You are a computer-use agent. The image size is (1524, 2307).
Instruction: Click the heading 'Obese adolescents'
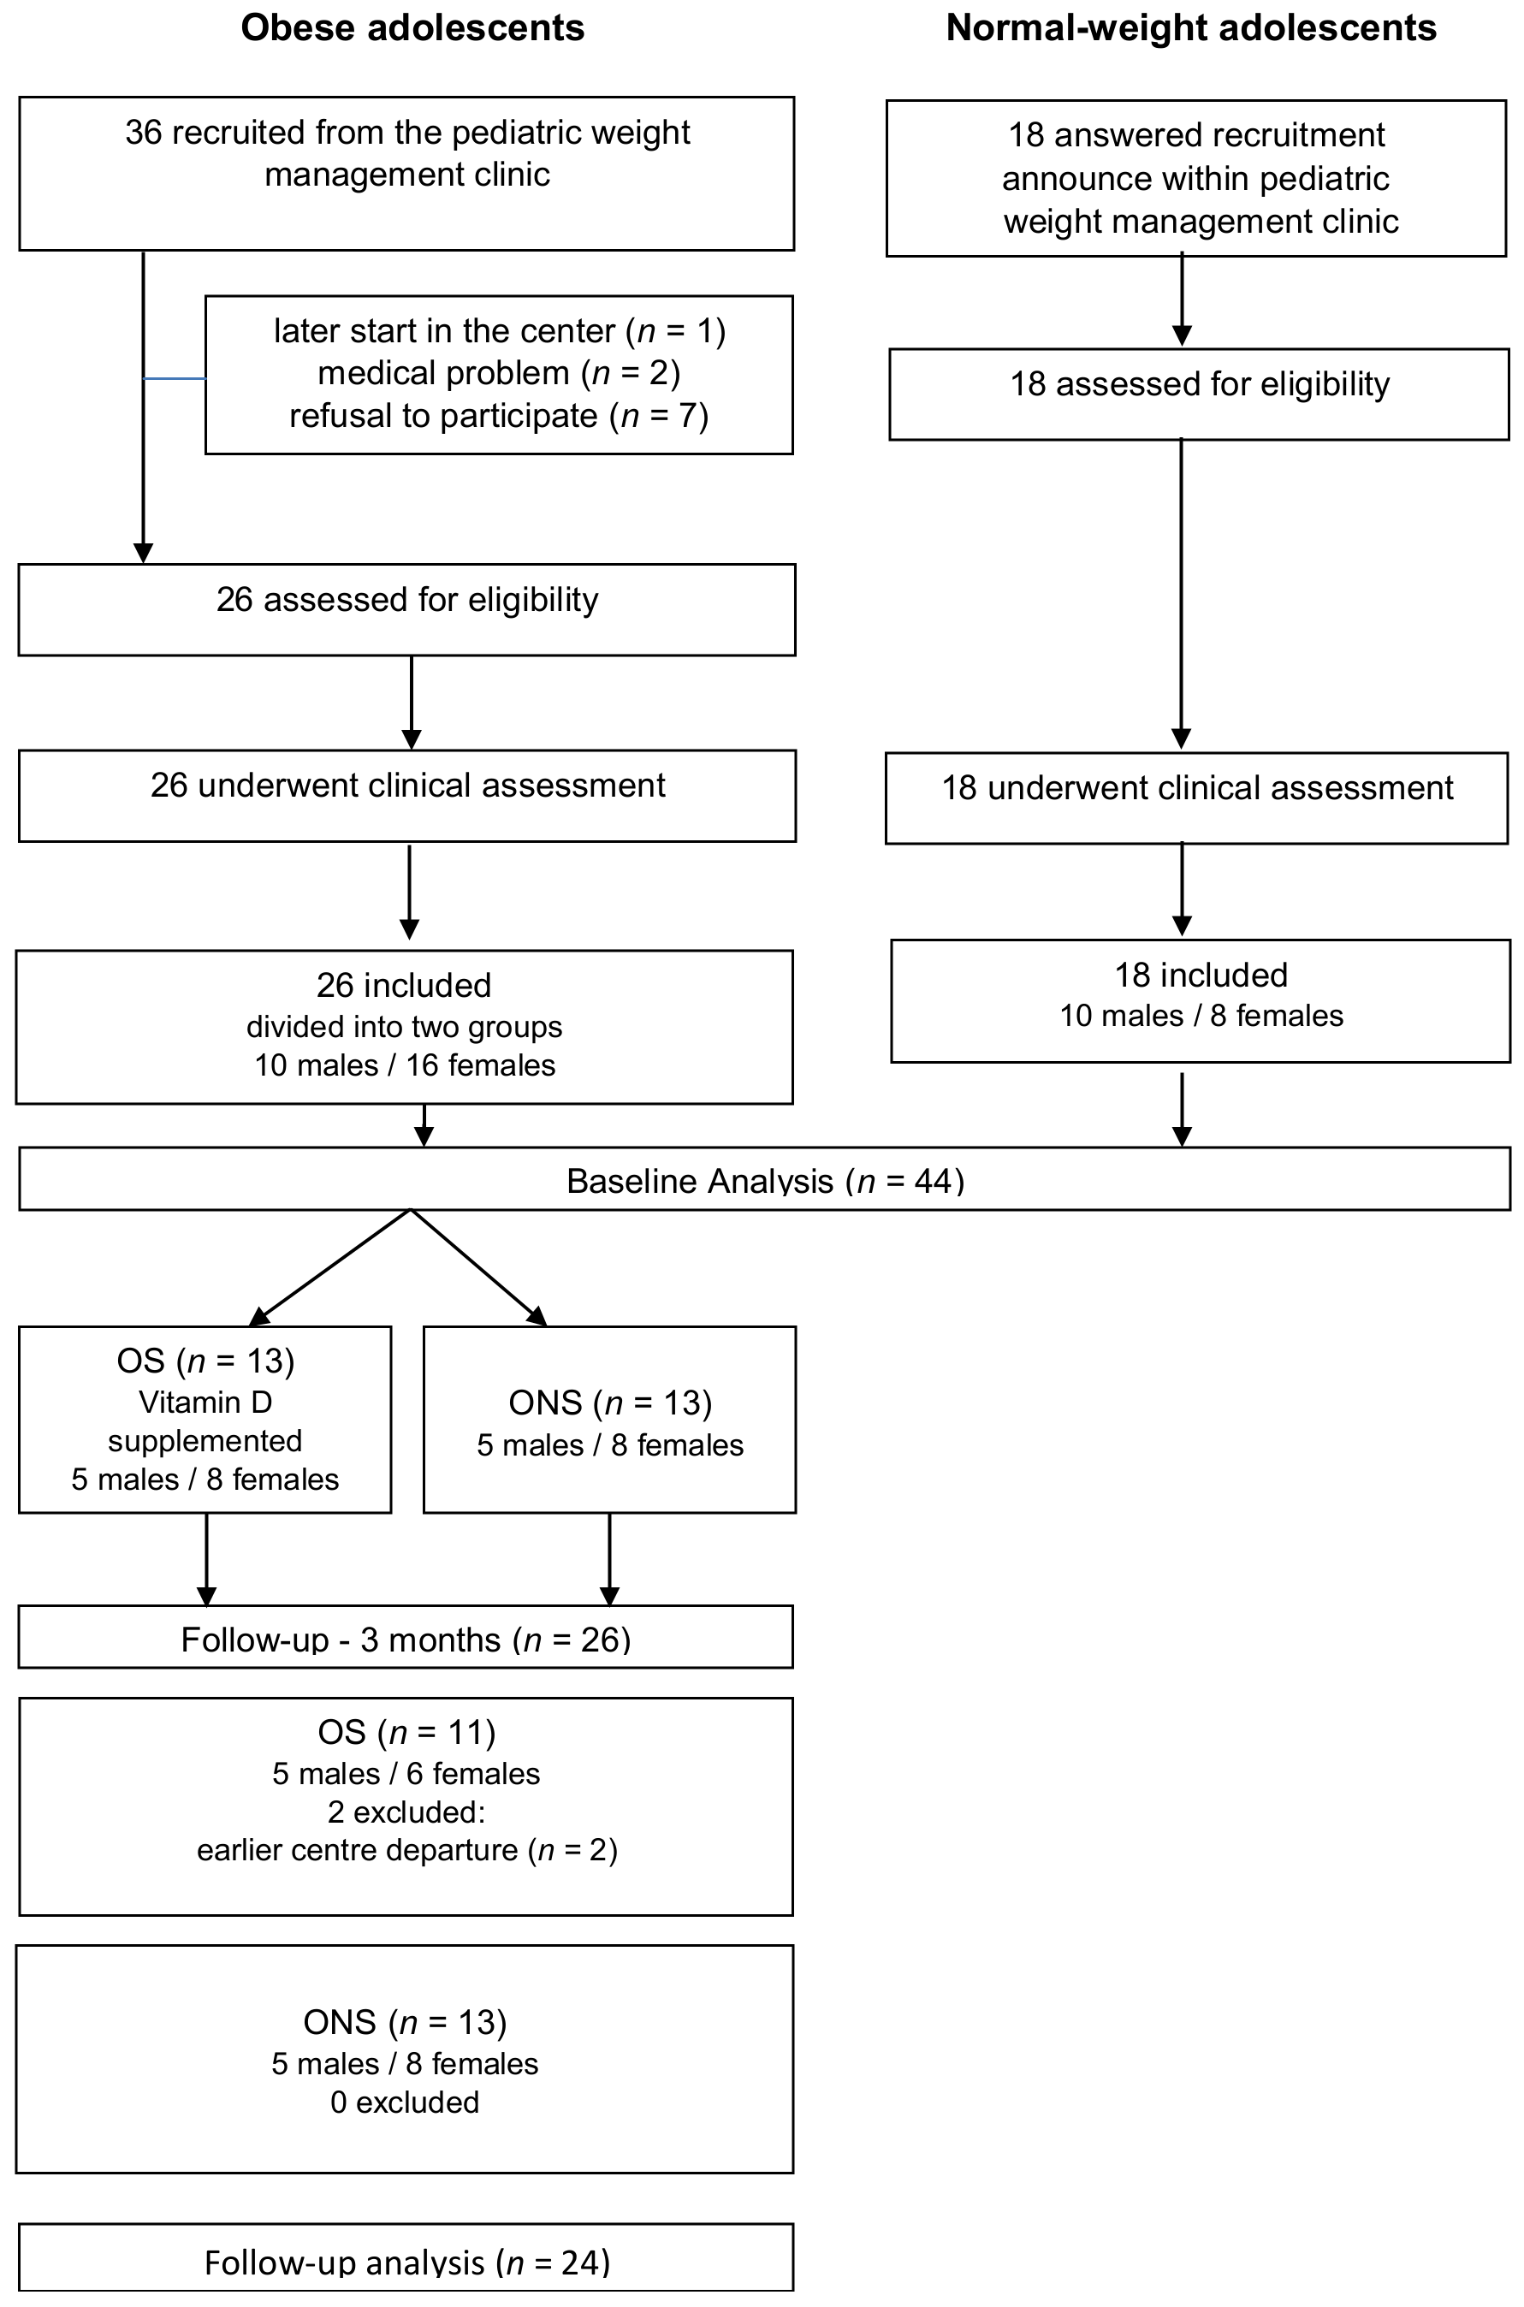(x=412, y=28)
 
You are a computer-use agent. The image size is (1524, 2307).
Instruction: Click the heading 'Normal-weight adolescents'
(x=1190, y=28)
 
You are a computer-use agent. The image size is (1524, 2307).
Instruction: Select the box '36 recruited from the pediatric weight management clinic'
(x=406, y=172)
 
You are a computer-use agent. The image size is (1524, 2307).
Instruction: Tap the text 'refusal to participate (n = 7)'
(x=499, y=416)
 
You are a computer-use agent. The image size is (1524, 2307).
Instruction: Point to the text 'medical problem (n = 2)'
(x=499, y=373)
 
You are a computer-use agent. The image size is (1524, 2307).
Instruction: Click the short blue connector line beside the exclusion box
(x=175, y=378)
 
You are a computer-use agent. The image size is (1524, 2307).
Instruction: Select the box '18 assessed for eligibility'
(x=1198, y=393)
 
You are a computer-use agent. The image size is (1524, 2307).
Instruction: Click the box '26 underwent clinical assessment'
(x=406, y=794)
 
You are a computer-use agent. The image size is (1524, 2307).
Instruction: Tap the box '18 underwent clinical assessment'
(x=1196, y=796)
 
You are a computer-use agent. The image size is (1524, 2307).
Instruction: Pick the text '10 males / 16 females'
(x=405, y=1065)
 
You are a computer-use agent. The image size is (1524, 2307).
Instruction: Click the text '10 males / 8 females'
(x=1201, y=1016)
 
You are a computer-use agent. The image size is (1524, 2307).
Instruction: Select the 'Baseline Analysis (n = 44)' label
(x=765, y=1181)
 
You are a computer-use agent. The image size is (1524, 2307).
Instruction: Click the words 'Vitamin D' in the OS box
(x=205, y=1403)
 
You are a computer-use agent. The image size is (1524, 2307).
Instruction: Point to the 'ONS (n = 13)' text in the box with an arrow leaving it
(x=609, y=1403)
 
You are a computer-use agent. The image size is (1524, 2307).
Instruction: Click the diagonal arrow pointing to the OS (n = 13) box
(x=330, y=1267)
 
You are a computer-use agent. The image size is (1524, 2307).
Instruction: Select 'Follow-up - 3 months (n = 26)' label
(x=406, y=1640)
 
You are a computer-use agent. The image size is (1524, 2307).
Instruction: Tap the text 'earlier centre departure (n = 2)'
(x=406, y=1850)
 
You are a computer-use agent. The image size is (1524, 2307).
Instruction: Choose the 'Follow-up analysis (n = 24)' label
(x=406, y=2263)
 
